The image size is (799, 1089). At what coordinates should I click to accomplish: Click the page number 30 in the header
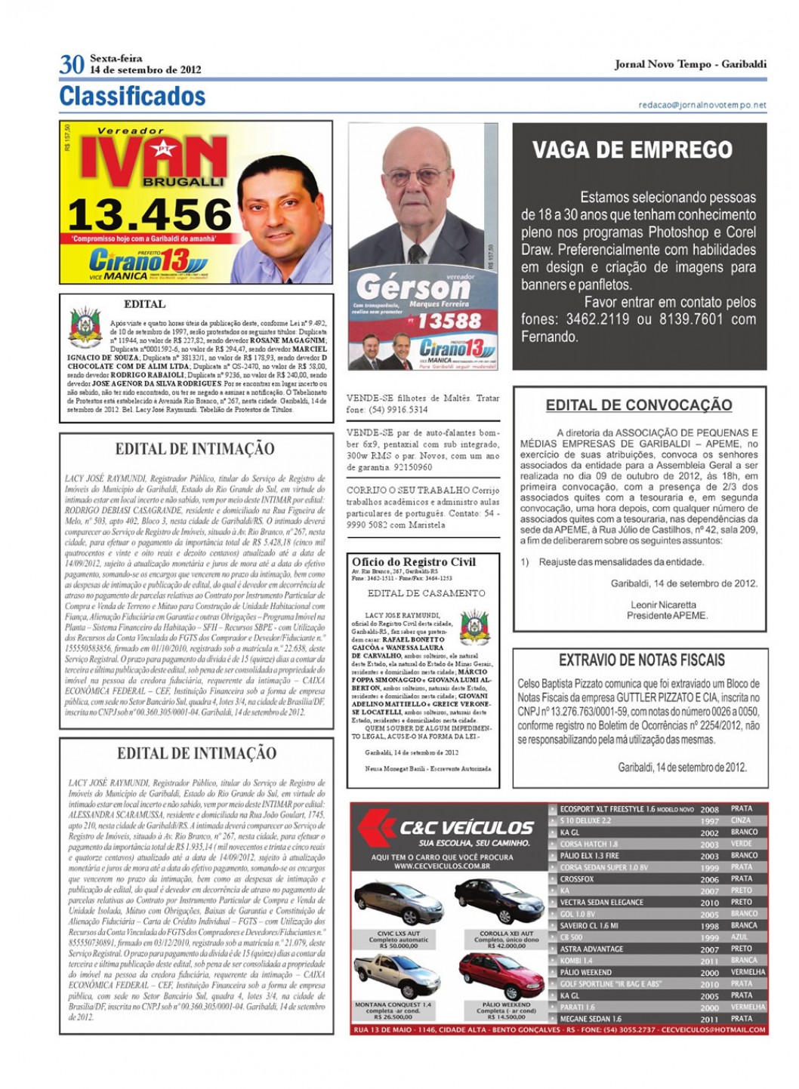click(x=71, y=65)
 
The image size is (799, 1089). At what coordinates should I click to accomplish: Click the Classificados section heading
click(x=132, y=97)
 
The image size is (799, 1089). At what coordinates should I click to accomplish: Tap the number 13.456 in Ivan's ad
click(x=150, y=216)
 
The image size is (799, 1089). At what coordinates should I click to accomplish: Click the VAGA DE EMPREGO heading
click(x=632, y=150)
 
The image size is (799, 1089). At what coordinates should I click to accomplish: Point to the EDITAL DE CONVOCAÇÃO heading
click(x=639, y=405)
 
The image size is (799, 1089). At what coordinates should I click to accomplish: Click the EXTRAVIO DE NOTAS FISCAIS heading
click(x=641, y=660)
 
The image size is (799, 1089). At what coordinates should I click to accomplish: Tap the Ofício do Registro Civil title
click(x=414, y=561)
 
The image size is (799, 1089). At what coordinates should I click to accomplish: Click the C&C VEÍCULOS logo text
click(x=466, y=828)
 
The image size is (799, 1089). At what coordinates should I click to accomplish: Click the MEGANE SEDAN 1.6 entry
click(x=591, y=1019)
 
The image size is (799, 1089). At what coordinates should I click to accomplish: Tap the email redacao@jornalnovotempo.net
click(x=702, y=105)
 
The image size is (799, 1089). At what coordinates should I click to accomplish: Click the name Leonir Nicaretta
click(x=663, y=604)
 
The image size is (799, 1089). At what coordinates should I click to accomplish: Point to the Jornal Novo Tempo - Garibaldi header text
click(x=690, y=64)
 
